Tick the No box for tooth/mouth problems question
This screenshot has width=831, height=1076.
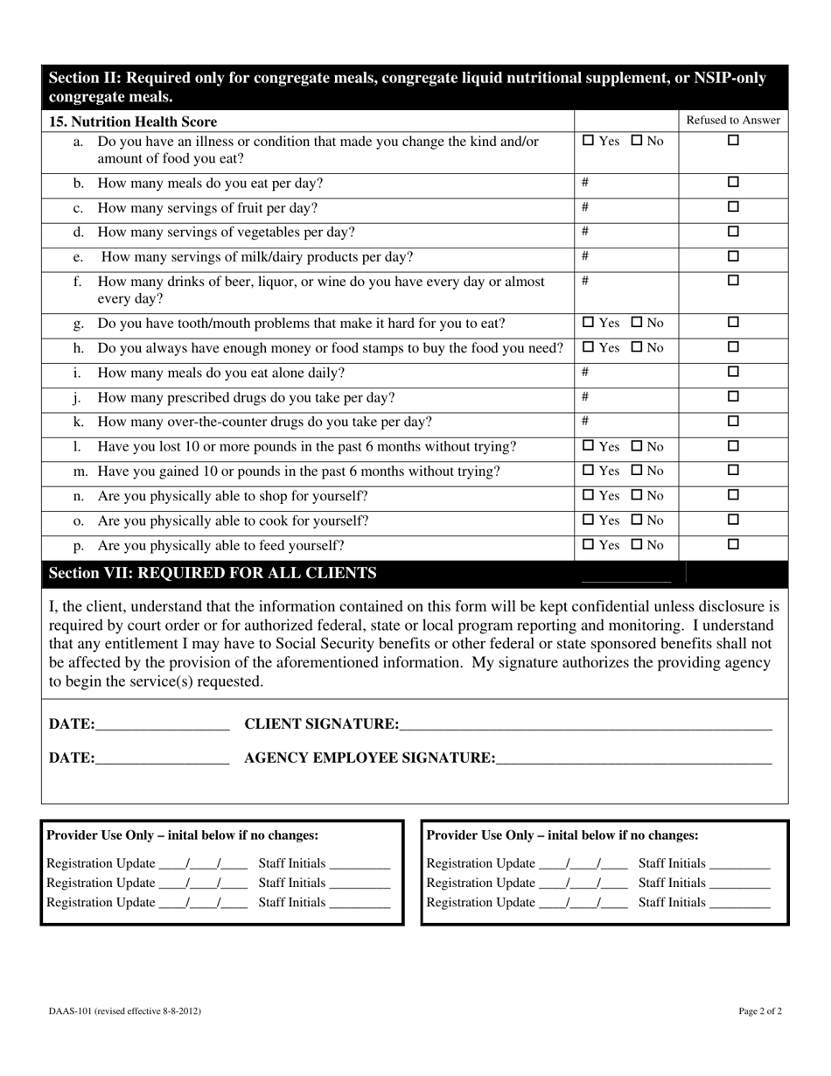point(637,323)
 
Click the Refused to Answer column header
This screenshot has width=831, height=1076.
point(733,121)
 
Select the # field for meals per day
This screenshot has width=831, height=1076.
point(626,184)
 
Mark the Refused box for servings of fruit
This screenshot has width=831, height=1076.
point(733,207)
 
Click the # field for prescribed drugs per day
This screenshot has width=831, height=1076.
point(626,397)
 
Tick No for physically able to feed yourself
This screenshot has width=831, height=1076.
point(637,545)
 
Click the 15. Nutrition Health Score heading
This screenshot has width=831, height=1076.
point(133,122)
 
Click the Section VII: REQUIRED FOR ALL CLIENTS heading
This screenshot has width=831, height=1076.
point(213,574)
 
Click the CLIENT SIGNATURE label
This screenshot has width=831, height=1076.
point(321,724)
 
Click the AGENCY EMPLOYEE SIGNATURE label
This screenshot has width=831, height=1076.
point(369,758)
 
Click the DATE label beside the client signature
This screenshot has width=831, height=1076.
point(72,724)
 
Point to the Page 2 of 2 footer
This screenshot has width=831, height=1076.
point(759,1011)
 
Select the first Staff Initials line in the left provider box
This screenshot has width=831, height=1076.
point(360,865)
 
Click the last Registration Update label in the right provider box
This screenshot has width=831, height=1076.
point(480,903)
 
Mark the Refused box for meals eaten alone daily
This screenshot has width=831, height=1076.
point(733,372)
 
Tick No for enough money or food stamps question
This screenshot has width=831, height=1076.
point(637,347)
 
